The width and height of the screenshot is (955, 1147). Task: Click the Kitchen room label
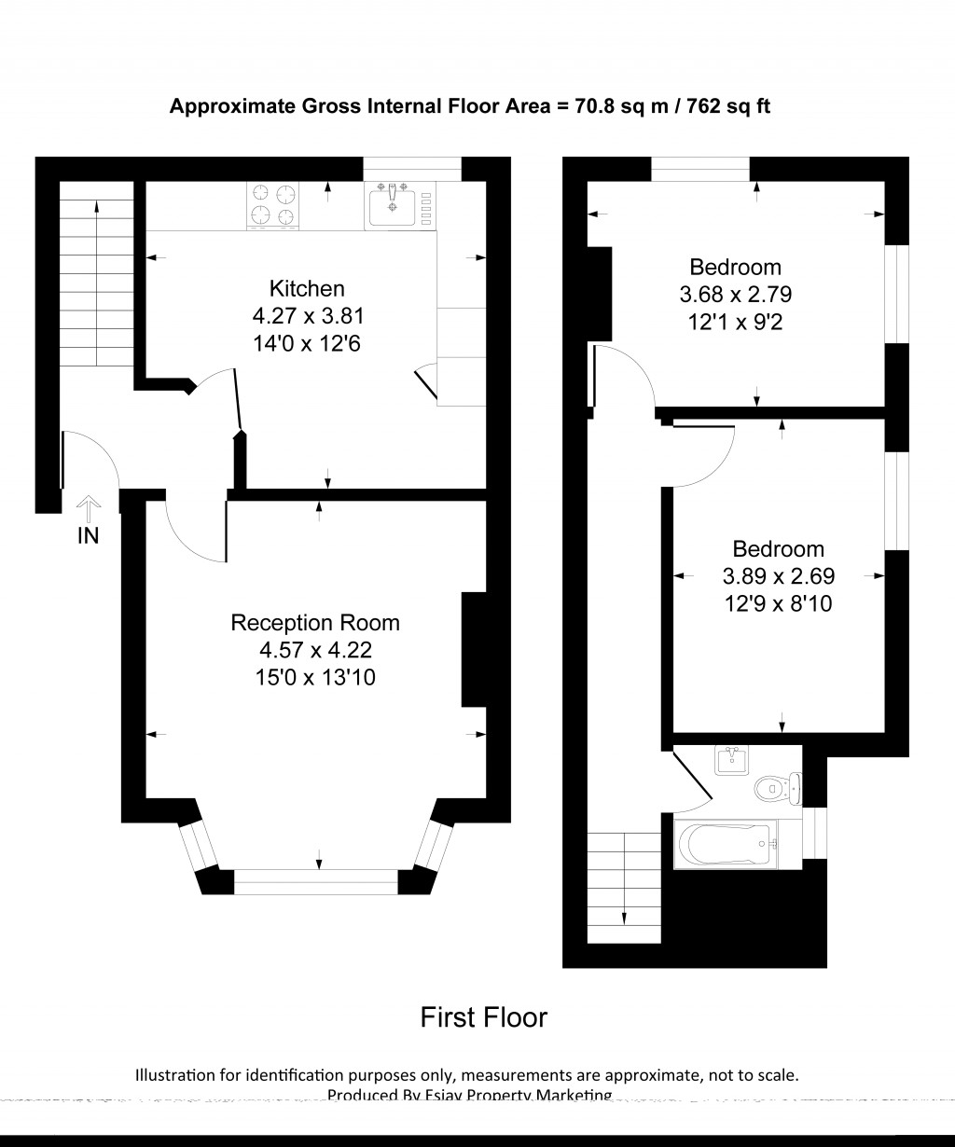[307, 288]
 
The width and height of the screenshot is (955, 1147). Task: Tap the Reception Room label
[315, 622]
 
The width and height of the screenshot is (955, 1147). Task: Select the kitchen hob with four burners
[274, 205]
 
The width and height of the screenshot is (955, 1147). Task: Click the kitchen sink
[394, 206]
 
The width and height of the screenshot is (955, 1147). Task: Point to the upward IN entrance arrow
[88, 506]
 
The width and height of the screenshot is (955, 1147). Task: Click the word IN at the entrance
[88, 536]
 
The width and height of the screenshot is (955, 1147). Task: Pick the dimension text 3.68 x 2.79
[735, 295]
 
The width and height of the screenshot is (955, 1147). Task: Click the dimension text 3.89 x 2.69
[778, 576]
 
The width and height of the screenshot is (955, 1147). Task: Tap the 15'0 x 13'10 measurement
[315, 677]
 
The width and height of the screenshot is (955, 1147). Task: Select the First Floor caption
[483, 1016]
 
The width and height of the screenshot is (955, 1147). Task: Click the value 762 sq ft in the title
[728, 106]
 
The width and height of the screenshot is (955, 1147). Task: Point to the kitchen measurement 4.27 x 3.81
[307, 316]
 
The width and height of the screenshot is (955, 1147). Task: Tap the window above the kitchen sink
[412, 169]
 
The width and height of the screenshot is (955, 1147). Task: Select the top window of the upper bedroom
[700, 169]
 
